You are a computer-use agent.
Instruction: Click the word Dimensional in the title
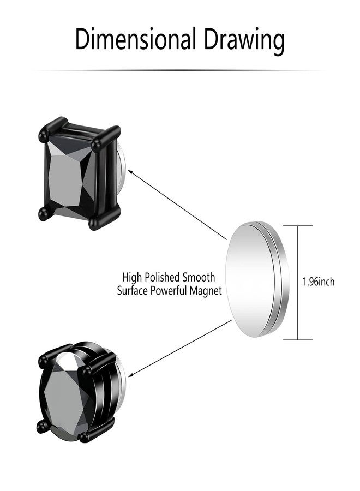(x=135, y=39)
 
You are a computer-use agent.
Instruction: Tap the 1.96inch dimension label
(x=318, y=282)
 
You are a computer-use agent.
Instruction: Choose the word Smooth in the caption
(x=200, y=278)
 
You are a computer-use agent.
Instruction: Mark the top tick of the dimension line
(x=298, y=226)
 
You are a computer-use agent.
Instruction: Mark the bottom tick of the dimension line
(x=298, y=339)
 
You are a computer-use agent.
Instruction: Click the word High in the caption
(x=132, y=278)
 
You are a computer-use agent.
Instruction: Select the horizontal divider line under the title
(x=180, y=70)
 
